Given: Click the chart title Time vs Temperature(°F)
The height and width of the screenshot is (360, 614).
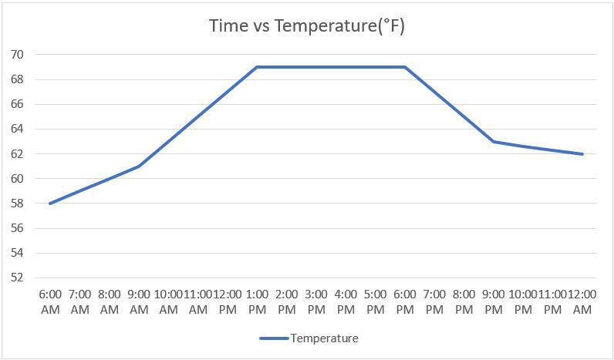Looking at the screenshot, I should (x=307, y=25).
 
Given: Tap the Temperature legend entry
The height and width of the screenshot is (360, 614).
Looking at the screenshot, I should (x=309, y=338).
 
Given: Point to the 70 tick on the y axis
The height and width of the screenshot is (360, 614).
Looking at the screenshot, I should (x=18, y=55).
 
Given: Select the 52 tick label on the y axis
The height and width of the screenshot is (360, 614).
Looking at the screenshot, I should (x=18, y=278).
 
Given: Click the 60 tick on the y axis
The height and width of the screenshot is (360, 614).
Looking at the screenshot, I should (x=18, y=179).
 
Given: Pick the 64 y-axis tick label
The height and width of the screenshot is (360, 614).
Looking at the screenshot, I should (x=18, y=129).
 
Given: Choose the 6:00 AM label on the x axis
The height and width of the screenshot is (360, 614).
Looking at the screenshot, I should (x=50, y=301).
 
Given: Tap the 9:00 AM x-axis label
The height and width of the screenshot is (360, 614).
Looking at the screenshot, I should (x=139, y=301).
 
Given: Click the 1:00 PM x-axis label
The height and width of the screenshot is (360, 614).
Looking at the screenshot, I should (x=257, y=301).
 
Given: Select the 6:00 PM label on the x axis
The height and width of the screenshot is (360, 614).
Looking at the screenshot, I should (x=405, y=301).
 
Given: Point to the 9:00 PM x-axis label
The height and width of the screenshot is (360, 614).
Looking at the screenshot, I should (x=494, y=301).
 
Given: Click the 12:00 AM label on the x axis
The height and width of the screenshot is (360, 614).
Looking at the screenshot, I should (x=582, y=301).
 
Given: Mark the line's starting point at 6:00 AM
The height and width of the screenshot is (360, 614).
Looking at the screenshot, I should (x=50, y=204).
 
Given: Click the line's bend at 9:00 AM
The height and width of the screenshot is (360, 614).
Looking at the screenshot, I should (x=139, y=167).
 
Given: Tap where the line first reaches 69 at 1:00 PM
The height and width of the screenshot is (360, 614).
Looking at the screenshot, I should (x=257, y=67).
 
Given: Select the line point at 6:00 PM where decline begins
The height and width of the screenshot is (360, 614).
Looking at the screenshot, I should (x=405, y=67).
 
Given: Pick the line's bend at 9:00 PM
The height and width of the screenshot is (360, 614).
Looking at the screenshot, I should (x=494, y=142).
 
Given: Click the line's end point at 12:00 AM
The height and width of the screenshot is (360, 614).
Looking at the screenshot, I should (x=582, y=154).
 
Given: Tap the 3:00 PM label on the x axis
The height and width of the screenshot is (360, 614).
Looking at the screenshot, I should (x=316, y=301).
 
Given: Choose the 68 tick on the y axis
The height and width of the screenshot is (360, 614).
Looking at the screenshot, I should (x=18, y=79).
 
